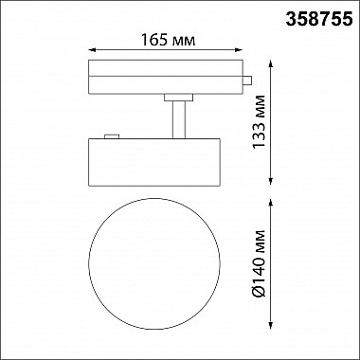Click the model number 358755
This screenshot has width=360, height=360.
[319, 16]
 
